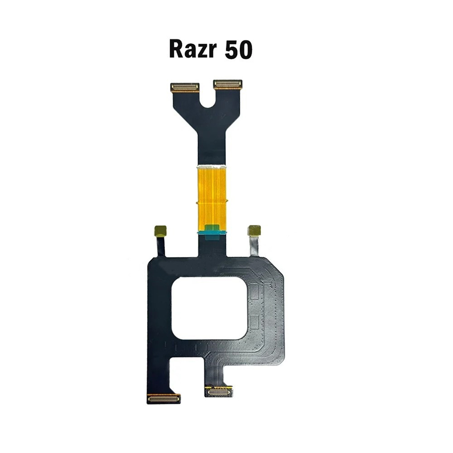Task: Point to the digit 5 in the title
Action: [231, 50]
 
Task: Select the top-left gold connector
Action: [184, 87]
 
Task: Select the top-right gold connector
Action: [228, 84]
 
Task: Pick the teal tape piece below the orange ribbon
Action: [211, 232]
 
